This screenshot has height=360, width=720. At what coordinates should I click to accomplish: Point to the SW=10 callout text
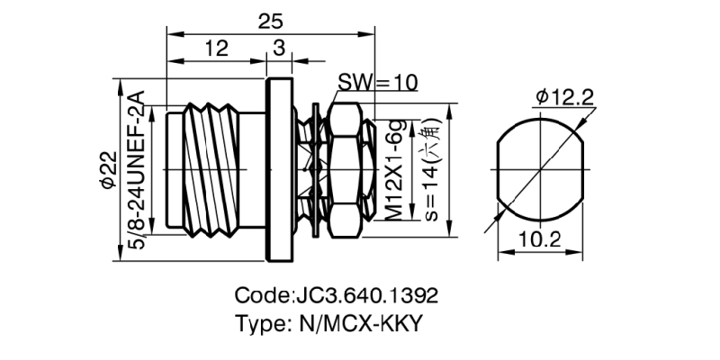(x=378, y=83)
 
